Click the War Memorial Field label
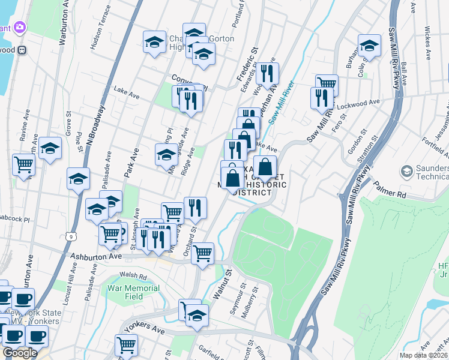[x=125, y=292]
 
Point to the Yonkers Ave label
[x=145, y=331]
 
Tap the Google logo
[x=19, y=353]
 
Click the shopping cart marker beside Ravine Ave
[x=23, y=163]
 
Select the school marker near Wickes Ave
[x=369, y=46]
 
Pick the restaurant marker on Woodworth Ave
[x=267, y=73]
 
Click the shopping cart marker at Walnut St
[x=203, y=253]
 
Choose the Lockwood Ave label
[x=358, y=103]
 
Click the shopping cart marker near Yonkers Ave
[x=126, y=344]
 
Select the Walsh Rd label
[x=133, y=276]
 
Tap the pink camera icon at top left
[x=19, y=28]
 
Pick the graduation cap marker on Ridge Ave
[x=166, y=154]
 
